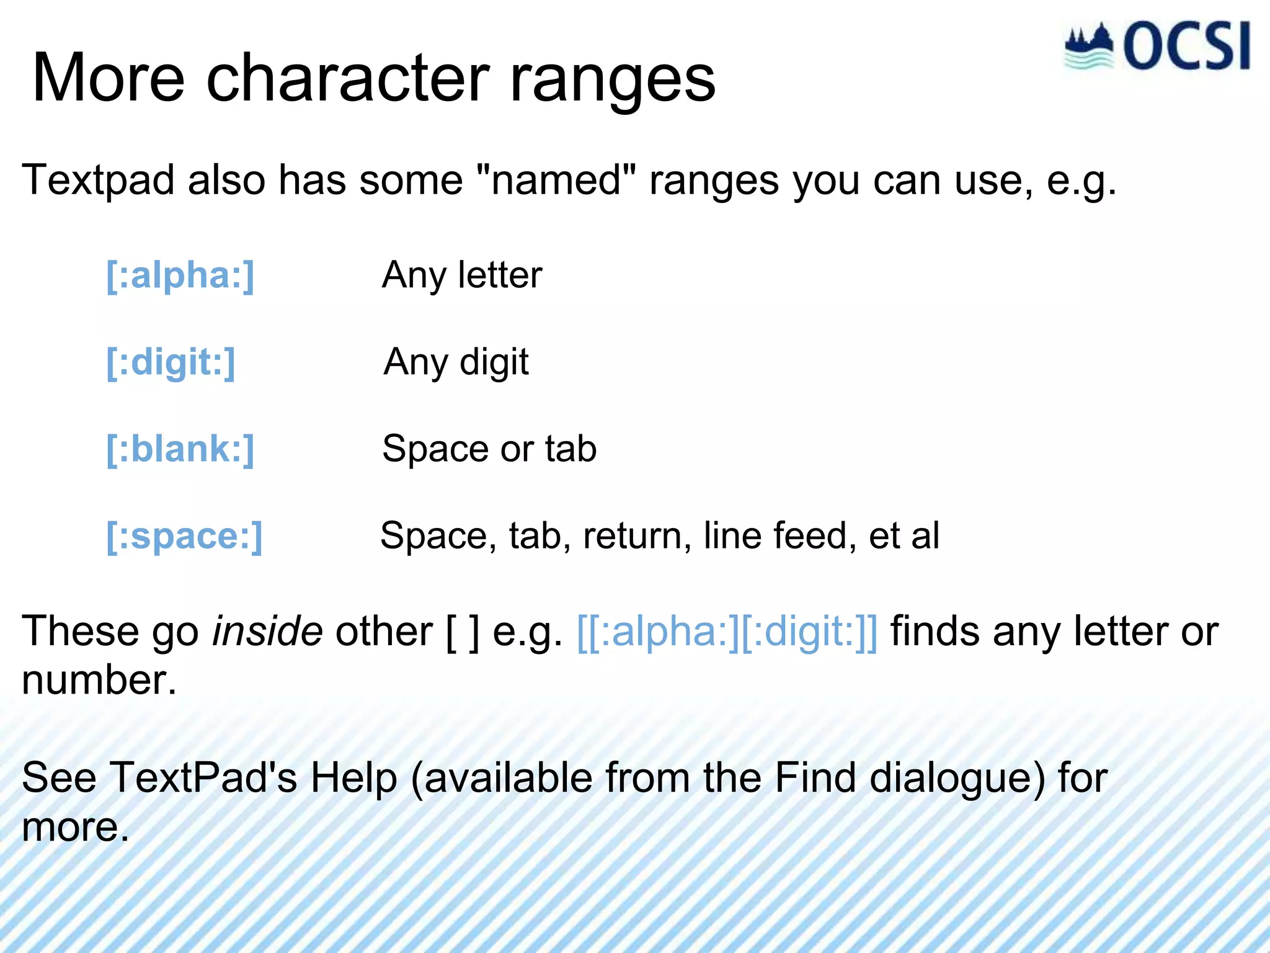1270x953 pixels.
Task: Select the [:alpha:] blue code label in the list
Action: coord(180,275)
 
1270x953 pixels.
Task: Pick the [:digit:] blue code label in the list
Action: coord(171,362)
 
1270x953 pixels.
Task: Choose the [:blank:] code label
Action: coord(180,449)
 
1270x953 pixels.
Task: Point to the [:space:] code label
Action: coord(184,536)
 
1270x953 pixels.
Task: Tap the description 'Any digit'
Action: coord(456,362)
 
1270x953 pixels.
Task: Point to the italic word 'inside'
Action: coord(267,632)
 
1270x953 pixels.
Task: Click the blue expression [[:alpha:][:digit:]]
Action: coord(727,632)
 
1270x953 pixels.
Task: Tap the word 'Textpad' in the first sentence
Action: coord(98,181)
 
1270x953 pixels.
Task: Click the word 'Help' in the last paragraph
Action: coord(353,778)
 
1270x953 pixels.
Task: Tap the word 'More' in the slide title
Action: coord(109,79)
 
